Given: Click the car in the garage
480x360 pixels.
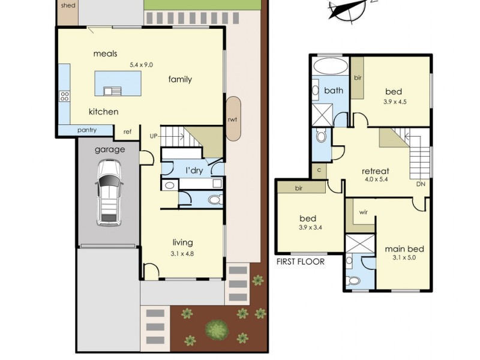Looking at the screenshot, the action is [x=109, y=193].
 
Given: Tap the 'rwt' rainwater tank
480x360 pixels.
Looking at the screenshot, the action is [x=233, y=119].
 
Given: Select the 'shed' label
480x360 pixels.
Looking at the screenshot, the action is [x=68, y=5].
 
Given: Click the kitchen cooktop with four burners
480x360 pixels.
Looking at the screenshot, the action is [x=65, y=97].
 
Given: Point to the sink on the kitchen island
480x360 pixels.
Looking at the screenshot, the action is [x=112, y=91].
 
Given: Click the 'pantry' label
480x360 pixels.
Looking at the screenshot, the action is [x=87, y=130].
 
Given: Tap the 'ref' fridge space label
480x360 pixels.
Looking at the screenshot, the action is [x=127, y=131].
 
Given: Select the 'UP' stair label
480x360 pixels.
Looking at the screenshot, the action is [x=154, y=136].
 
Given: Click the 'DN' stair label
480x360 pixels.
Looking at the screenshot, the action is [x=421, y=184].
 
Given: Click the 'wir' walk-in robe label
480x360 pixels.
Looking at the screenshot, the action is [x=364, y=212].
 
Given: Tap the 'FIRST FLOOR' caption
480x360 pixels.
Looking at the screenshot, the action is [x=301, y=262].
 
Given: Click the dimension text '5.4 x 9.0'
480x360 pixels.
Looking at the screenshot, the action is [x=141, y=65].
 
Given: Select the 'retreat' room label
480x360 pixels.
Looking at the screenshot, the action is [x=376, y=171].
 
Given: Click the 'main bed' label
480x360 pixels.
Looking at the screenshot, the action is [x=404, y=249].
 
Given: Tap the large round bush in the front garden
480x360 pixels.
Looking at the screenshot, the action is [x=217, y=329].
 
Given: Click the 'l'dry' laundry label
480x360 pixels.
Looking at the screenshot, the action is [x=194, y=170].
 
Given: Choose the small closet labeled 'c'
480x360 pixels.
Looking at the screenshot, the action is [x=319, y=170].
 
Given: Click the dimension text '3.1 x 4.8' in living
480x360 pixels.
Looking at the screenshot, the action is [x=182, y=253].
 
